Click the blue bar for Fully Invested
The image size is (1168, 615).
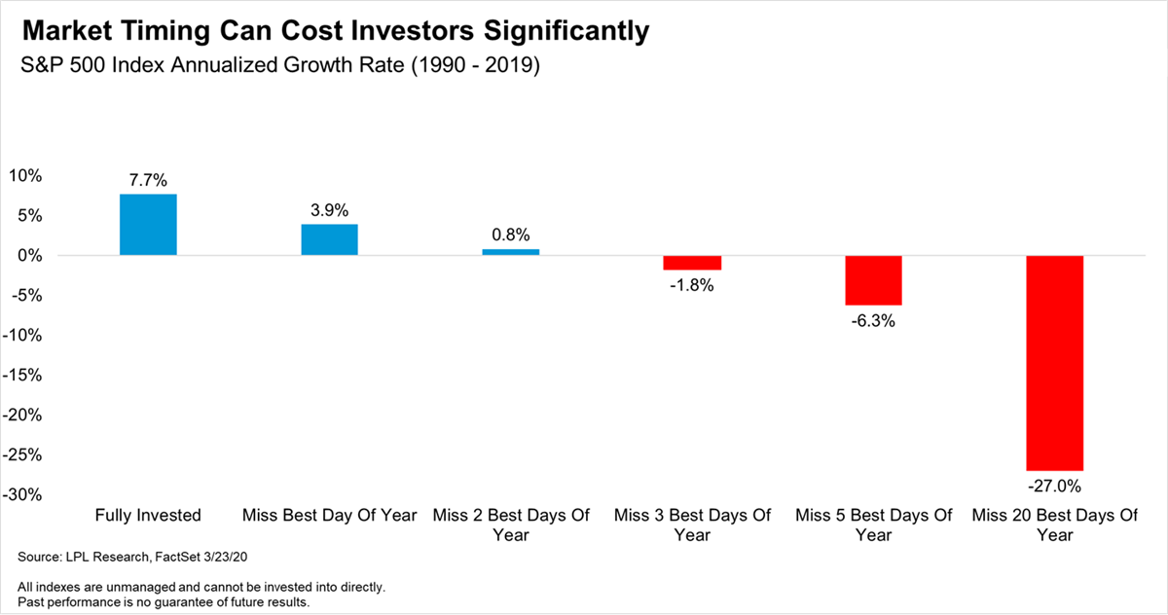pyautogui.click(x=148, y=225)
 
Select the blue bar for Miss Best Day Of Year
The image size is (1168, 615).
pyautogui.click(x=329, y=239)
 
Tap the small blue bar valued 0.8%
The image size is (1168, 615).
pyautogui.click(x=511, y=252)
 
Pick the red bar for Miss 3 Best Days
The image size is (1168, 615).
pyautogui.click(x=692, y=263)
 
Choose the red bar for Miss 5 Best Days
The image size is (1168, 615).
pyautogui.click(x=873, y=280)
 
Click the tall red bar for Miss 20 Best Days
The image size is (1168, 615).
pyautogui.click(x=1054, y=363)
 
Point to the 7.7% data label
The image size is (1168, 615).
pyautogui.click(x=148, y=180)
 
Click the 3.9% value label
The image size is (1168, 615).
pyautogui.click(x=329, y=210)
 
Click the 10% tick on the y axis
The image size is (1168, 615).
pyautogui.click(x=25, y=176)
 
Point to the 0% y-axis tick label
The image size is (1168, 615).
pyautogui.click(x=30, y=256)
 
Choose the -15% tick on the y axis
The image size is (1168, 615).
pyautogui.click(x=23, y=376)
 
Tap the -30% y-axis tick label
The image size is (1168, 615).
pyautogui.click(x=23, y=495)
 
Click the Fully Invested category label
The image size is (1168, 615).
pyautogui.click(x=148, y=515)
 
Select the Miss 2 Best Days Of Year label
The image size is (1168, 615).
pyautogui.click(x=511, y=525)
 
